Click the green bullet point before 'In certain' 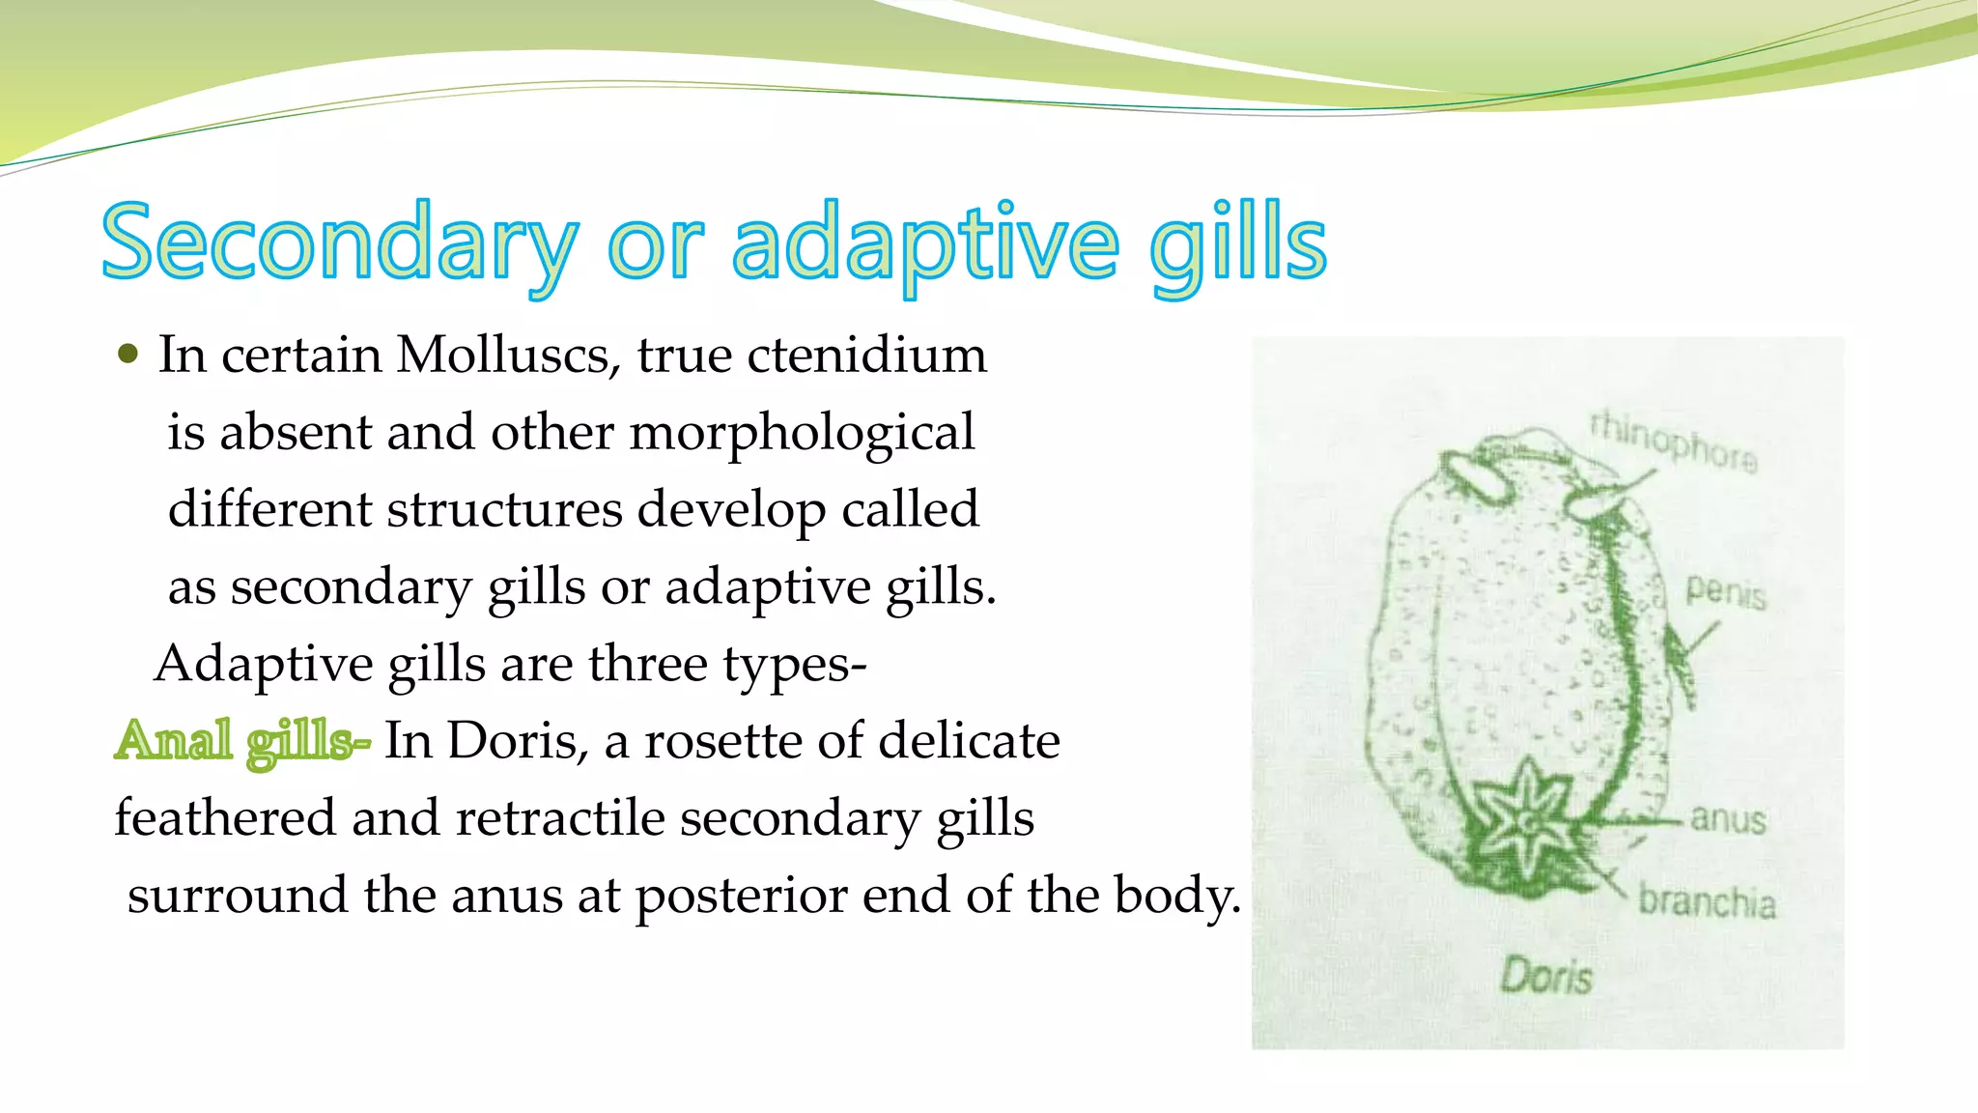pyautogui.click(x=127, y=354)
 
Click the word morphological pyautogui.click(x=802, y=433)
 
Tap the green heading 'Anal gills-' pyautogui.click(x=241, y=741)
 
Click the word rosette pyautogui.click(x=722, y=741)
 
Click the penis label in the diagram pyautogui.click(x=1725, y=590)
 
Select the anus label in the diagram pyautogui.click(x=1727, y=819)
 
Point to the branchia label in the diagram pyautogui.click(x=1707, y=901)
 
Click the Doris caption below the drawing pyautogui.click(x=1545, y=976)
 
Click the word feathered pyautogui.click(x=225, y=818)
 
